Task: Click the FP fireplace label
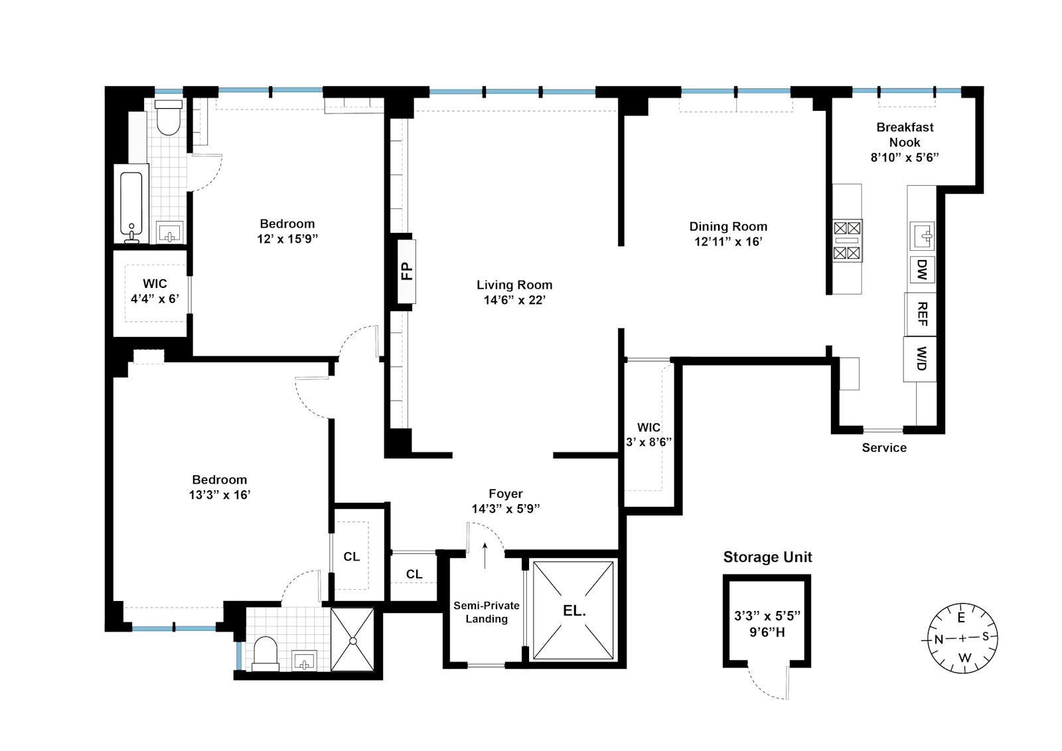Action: (407, 271)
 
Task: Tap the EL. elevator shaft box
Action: (573, 611)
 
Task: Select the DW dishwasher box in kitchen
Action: (922, 269)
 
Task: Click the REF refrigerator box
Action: (921, 314)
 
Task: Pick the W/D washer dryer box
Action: (921, 359)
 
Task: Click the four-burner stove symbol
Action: (847, 240)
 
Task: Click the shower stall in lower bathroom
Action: (353, 640)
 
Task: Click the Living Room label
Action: (514, 285)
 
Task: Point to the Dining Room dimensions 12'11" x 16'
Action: (728, 241)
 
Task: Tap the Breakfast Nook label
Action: (905, 135)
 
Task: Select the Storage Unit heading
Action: (767, 557)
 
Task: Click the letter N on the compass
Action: (939, 640)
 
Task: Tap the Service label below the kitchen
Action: (883, 448)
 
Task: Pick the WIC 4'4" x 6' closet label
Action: (155, 291)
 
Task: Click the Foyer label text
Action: (506, 494)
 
